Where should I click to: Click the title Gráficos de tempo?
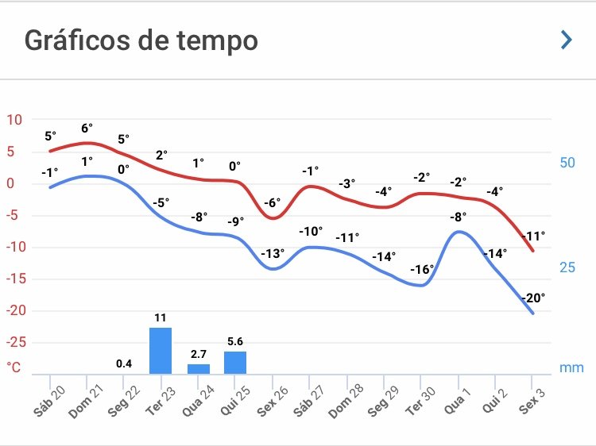point(141,40)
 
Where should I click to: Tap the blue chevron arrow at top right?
point(567,40)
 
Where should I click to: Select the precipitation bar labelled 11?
point(161,350)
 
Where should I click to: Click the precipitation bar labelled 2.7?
point(199,368)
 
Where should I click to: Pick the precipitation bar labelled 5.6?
point(235,362)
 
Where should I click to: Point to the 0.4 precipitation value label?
point(124,364)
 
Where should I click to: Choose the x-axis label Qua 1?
point(457,397)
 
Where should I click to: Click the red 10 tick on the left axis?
point(14,120)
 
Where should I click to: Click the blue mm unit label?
point(571,367)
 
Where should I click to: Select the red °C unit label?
point(14,367)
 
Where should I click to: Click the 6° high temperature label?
point(87,128)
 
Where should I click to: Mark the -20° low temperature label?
point(534,298)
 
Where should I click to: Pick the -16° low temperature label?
point(421,269)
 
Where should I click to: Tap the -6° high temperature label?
point(272,202)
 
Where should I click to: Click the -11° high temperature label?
point(533,236)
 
